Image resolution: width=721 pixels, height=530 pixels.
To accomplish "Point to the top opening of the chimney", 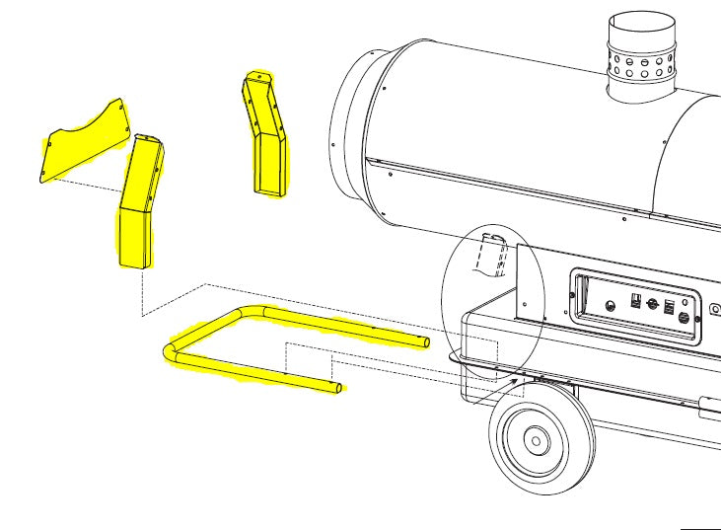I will (x=642, y=24).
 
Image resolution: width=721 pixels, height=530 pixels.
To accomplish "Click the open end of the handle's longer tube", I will (x=426, y=341).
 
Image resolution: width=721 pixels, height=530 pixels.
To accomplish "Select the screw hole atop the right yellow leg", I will (x=257, y=75).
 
